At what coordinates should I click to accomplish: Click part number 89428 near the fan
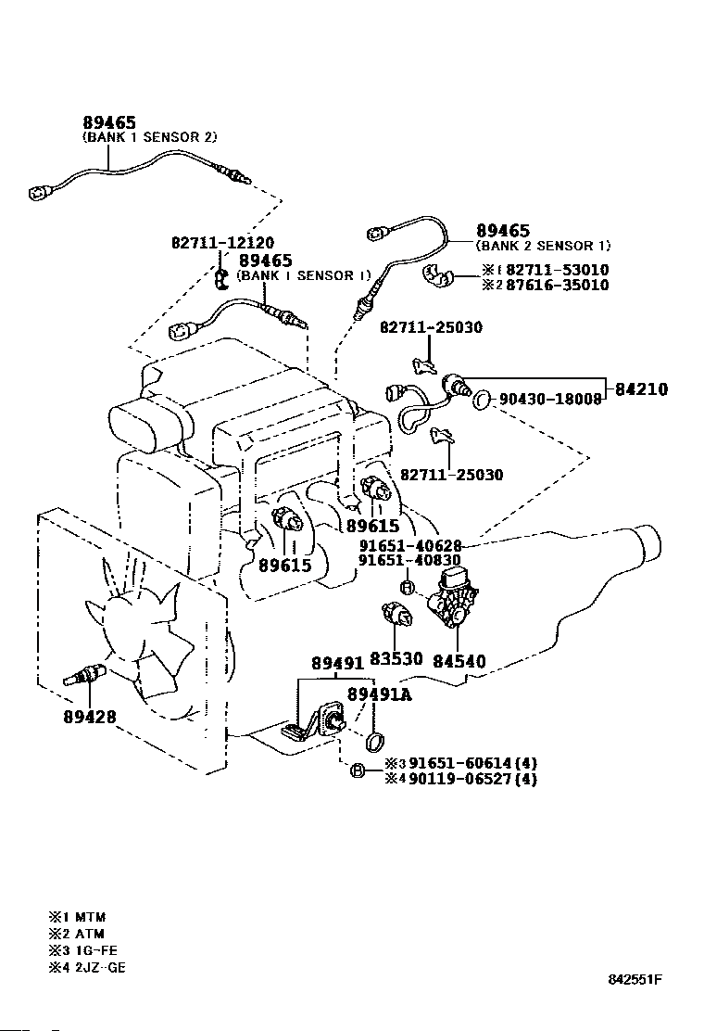89,716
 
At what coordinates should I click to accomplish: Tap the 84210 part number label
642,389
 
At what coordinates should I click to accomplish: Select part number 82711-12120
222,243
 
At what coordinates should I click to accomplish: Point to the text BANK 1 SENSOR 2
150,137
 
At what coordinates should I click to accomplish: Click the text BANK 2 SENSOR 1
543,246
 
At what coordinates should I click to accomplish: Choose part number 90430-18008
550,399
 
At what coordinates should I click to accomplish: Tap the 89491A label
380,694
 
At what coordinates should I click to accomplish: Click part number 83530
396,658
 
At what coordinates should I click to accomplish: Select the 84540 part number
459,661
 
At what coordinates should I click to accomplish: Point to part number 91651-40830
409,560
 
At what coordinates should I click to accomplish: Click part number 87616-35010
558,285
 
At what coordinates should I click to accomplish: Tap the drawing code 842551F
635,980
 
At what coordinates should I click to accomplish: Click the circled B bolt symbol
358,770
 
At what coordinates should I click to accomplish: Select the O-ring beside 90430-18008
482,398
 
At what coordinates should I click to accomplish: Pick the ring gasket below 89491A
374,741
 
